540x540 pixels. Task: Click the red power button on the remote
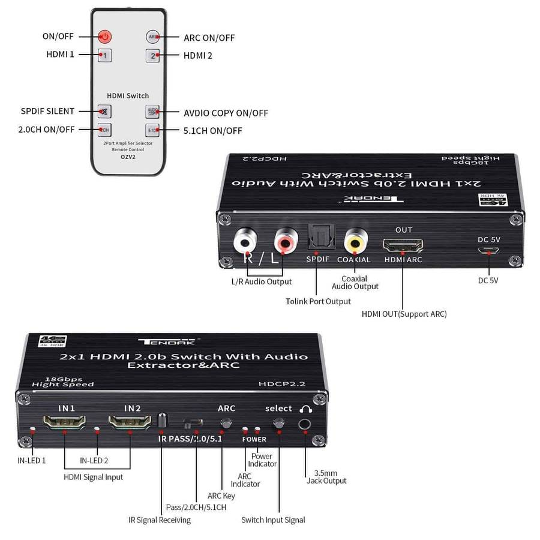(105, 37)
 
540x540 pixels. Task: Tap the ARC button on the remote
(152, 37)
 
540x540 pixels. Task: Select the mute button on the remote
(104, 111)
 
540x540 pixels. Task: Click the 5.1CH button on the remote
(152, 129)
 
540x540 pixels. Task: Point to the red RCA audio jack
(284, 241)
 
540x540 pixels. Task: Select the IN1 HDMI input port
(65, 424)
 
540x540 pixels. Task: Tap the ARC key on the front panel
(226, 422)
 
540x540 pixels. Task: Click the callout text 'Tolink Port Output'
(318, 301)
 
